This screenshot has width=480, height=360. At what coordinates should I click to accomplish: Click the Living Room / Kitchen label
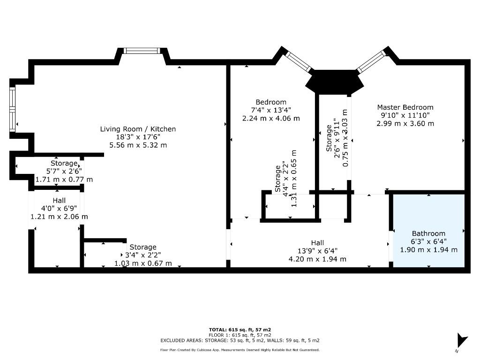tap(138, 129)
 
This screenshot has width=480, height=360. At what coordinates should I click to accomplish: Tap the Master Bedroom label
tap(405, 107)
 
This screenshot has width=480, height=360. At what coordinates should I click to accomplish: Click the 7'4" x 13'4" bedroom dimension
tap(270, 110)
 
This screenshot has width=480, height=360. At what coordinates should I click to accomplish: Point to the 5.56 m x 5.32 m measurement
tap(138, 145)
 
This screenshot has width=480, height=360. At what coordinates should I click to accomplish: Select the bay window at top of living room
tap(142, 51)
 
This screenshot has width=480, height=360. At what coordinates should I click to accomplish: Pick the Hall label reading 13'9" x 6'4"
tap(317, 243)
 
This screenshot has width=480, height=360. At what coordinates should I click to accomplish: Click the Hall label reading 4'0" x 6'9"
tap(59, 200)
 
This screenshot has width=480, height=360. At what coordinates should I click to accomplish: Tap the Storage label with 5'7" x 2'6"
tap(64, 163)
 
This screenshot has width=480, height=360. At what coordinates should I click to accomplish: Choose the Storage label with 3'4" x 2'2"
tap(143, 247)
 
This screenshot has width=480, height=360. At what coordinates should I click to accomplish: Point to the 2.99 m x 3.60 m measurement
tap(405, 124)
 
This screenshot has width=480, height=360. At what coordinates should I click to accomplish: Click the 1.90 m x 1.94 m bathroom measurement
tap(428, 250)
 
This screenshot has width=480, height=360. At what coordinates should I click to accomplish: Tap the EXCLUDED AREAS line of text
tap(240, 340)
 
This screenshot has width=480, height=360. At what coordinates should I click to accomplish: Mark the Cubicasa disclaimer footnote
tap(240, 350)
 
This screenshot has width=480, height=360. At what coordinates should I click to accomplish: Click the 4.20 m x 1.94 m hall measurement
tap(317, 259)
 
